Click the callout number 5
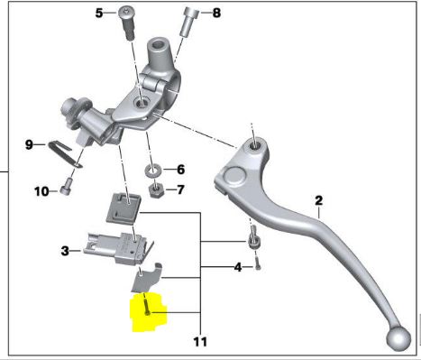[x=98, y=13]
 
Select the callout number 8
[x=215, y=13]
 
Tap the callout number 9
[x=28, y=144]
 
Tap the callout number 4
[x=237, y=267]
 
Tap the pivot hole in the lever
[x=253, y=143]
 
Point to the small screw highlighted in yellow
[x=146, y=311]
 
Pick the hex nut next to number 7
[x=154, y=189]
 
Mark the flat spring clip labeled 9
[x=64, y=153]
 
